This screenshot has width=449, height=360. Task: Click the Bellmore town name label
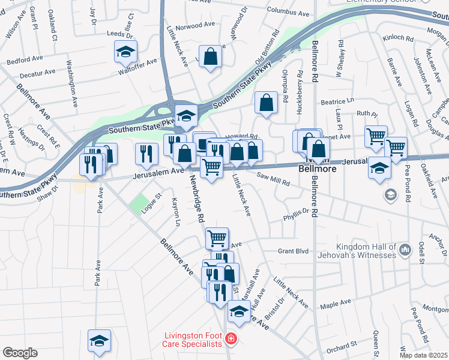coord(313,170)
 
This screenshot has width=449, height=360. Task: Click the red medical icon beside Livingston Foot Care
coord(230,340)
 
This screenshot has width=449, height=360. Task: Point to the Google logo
coord(20,353)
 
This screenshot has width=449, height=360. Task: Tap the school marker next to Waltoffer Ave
coord(125,53)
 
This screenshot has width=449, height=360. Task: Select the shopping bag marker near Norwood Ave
coord(211,58)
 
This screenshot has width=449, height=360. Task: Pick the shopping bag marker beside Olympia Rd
coord(266,103)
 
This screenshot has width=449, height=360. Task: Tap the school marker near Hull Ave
coord(239,311)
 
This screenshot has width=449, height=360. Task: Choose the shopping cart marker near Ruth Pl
coord(376,136)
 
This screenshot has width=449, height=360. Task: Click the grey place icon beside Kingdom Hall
coord(405,248)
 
